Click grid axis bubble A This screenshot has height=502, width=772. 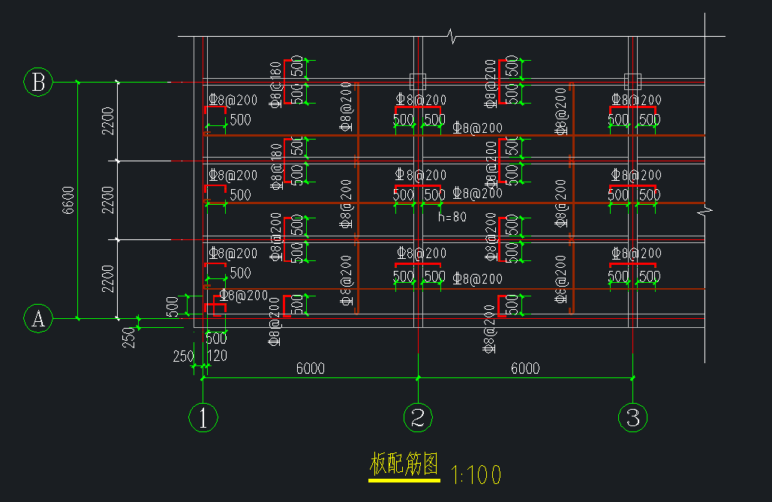(38, 319)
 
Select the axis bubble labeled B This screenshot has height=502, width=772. (38, 82)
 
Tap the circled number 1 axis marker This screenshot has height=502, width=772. (203, 417)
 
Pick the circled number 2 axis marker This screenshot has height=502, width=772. (418, 417)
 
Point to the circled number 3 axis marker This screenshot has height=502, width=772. (632, 417)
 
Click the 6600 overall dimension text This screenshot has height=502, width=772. (68, 200)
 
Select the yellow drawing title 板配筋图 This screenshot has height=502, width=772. (404, 465)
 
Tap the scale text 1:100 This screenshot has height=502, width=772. (476, 474)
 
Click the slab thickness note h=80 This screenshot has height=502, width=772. (452, 218)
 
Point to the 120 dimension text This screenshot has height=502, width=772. (217, 356)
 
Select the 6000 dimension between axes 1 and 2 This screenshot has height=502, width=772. (310, 368)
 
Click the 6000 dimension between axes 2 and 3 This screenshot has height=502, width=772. (525, 368)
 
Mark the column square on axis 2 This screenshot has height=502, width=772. (418, 81)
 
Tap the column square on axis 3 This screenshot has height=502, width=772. (632, 81)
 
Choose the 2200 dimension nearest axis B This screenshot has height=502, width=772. (108, 122)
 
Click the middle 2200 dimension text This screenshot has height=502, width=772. (108, 200)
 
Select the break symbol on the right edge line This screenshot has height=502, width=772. (704, 213)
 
